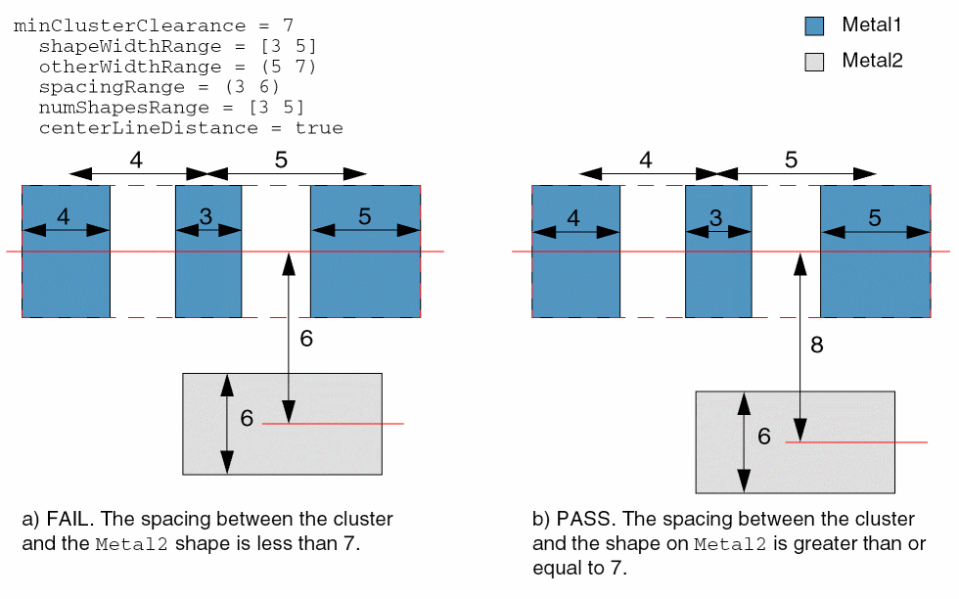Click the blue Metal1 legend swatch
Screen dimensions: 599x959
pos(814,26)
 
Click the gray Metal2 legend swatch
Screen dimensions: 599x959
pos(814,62)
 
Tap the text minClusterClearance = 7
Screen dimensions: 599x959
pos(153,24)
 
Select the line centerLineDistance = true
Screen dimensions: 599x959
pos(191,128)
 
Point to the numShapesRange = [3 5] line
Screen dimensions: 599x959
pos(171,108)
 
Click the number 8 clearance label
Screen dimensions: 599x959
pos(818,344)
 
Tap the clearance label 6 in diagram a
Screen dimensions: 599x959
pos(305,338)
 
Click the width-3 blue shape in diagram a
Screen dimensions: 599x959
pos(208,284)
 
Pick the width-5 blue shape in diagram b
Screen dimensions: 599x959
pos(875,284)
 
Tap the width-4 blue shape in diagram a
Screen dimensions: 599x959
pos(66,284)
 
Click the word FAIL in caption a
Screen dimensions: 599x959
pos(66,519)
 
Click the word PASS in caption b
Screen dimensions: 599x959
pos(578,519)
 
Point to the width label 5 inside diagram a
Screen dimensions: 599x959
pos(364,217)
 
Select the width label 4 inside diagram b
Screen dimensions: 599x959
pos(573,217)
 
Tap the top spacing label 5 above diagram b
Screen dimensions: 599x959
pos(791,160)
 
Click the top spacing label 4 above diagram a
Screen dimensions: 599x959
pos(136,160)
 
